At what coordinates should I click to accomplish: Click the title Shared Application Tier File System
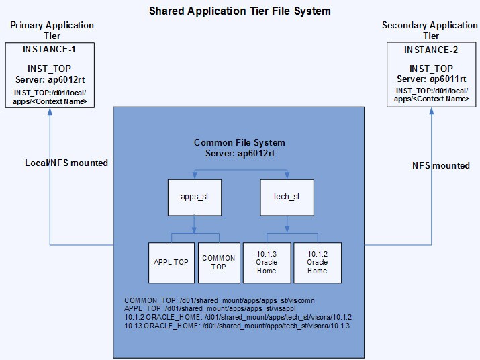(x=240, y=11)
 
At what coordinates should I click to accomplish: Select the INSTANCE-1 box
(x=49, y=75)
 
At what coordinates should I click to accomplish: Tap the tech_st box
(x=287, y=197)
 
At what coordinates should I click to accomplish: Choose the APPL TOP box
(x=171, y=262)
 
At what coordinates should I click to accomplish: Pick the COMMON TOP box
(x=219, y=262)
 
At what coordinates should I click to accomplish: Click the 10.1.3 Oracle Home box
(x=267, y=262)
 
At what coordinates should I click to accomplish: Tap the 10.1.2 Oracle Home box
(x=318, y=262)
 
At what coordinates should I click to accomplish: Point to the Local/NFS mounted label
(x=66, y=163)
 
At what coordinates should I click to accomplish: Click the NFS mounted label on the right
(x=440, y=165)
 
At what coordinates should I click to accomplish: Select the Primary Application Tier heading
(x=52, y=30)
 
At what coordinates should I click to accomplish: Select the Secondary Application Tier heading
(x=430, y=30)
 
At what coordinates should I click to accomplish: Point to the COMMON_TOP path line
(x=220, y=300)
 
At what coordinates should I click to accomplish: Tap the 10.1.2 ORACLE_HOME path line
(x=238, y=317)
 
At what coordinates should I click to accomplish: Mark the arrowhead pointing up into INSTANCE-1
(x=50, y=111)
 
